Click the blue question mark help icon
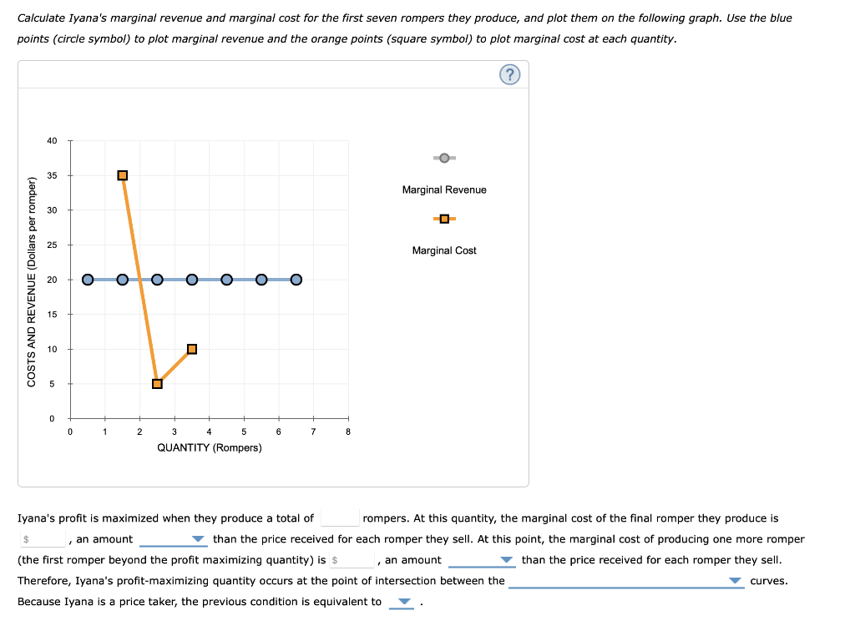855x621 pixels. click(510, 75)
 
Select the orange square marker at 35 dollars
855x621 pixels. click(123, 175)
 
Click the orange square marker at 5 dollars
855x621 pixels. click(157, 384)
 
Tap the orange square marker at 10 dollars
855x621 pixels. click(192, 349)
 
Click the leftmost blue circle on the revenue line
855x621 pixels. click(88, 280)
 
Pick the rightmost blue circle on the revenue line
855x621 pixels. click(296, 280)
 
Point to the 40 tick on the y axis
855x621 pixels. click(52, 140)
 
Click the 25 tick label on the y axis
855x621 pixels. click(52, 245)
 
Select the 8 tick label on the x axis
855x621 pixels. click(348, 432)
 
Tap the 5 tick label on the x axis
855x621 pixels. click(244, 432)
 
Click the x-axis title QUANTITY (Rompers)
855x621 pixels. click(210, 448)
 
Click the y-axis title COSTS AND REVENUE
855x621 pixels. click(33, 282)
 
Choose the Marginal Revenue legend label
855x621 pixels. click(444, 190)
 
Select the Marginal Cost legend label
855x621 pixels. click(444, 250)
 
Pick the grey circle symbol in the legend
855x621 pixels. click(444, 158)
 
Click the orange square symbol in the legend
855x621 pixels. click(444, 219)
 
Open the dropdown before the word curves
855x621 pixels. click(626, 581)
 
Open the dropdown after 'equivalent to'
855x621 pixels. click(402, 602)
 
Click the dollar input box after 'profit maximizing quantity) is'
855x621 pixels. click(351, 560)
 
